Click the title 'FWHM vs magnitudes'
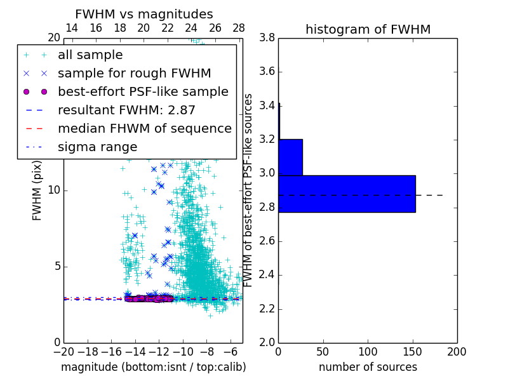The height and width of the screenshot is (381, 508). [x=144, y=14]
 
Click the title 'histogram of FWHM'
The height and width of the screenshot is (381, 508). [x=368, y=29]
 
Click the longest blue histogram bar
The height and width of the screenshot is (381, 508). [x=347, y=194]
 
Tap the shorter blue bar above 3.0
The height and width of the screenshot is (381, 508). [x=290, y=157]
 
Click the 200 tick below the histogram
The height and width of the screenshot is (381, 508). [x=457, y=352]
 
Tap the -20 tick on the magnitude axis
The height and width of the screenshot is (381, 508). [x=63, y=352]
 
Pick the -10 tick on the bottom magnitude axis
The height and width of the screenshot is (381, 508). [x=183, y=352]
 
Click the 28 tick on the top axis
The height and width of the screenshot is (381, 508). [x=239, y=29]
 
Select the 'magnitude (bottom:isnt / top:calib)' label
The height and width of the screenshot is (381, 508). [x=153, y=367]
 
